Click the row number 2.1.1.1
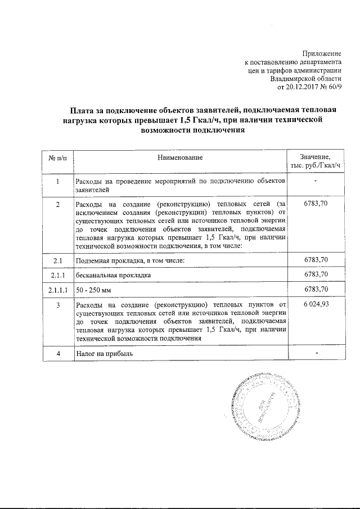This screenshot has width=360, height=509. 58,290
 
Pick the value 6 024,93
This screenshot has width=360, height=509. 316,305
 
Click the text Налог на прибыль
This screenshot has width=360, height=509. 105,353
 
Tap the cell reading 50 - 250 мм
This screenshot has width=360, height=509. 93,290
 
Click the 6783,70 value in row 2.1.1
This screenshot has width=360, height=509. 316,274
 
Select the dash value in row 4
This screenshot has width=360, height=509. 316,353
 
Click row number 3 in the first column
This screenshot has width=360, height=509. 58,305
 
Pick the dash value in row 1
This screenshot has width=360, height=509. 316,181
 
